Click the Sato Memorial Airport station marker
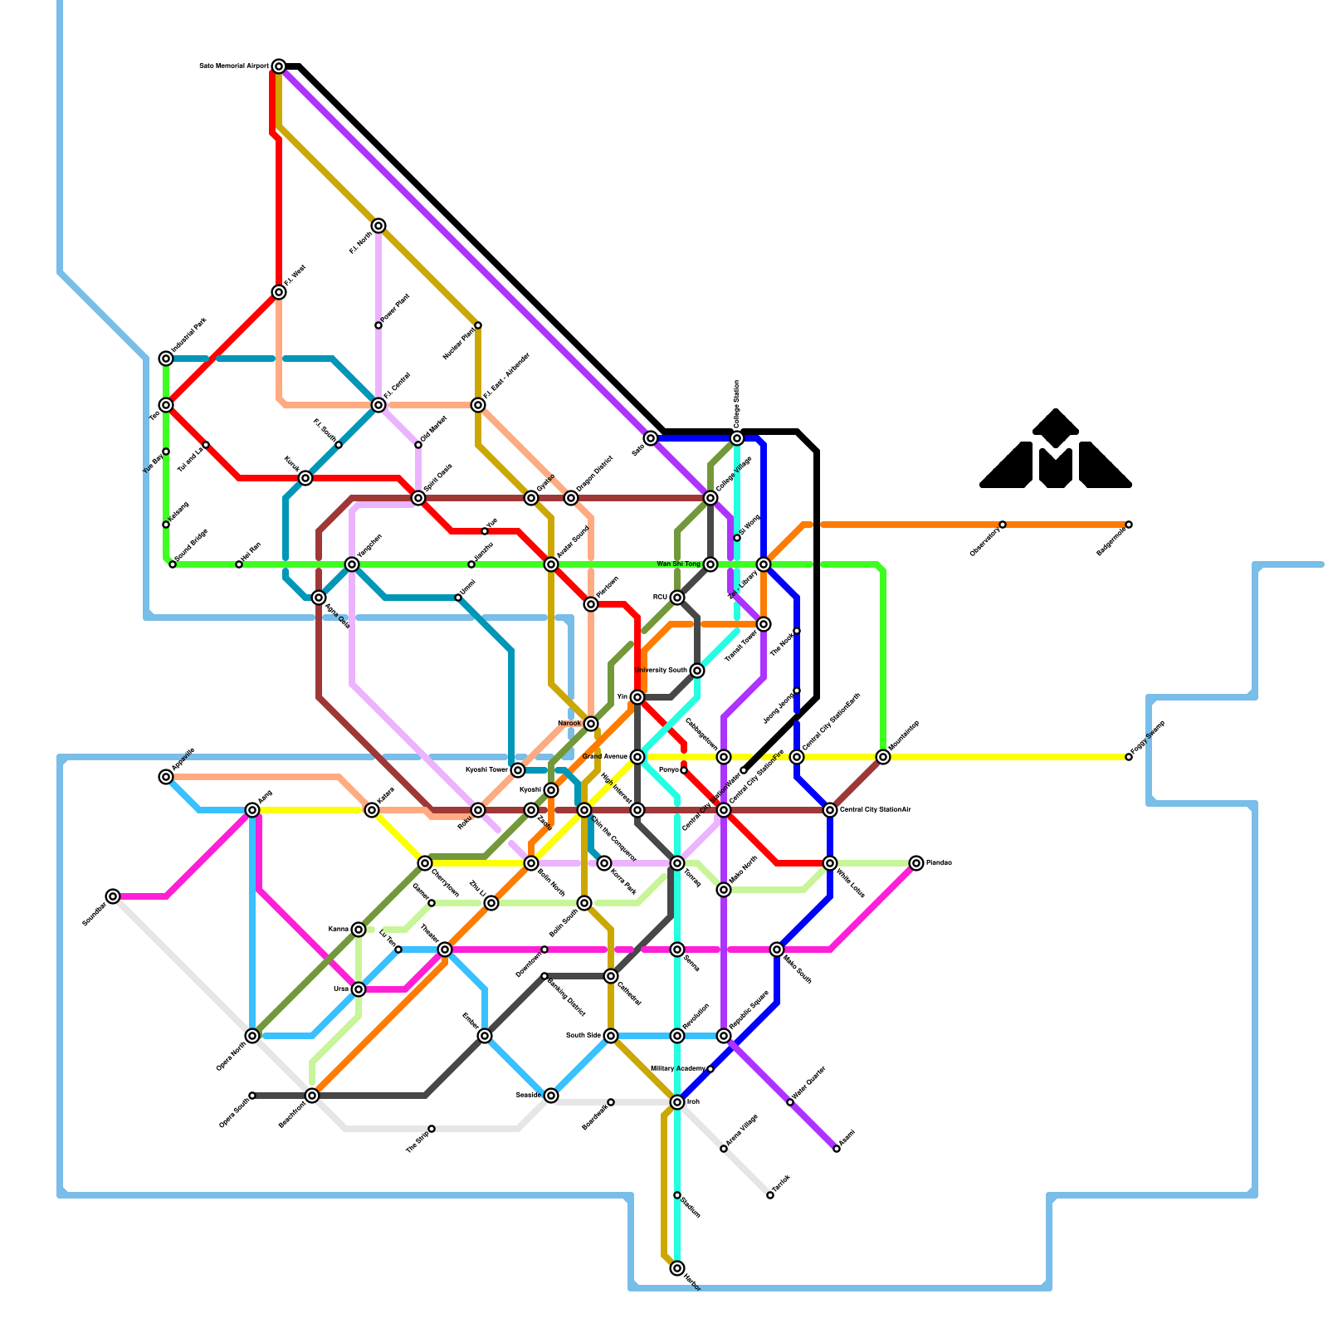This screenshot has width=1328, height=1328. click(x=279, y=66)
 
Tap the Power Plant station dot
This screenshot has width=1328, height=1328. click(x=378, y=325)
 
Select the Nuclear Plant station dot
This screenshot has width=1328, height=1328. click(x=478, y=325)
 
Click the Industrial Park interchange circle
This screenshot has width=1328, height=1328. click(x=166, y=358)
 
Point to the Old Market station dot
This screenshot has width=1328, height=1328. click(x=418, y=445)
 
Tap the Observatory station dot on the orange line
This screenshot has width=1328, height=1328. click(x=1003, y=525)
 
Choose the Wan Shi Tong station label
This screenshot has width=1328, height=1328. click(x=678, y=564)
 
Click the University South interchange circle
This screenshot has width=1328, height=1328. click(x=697, y=671)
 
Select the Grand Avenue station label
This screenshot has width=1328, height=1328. click(x=604, y=757)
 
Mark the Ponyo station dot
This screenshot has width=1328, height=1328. click(x=684, y=770)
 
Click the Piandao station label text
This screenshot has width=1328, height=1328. click(x=939, y=863)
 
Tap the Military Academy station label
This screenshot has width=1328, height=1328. click(x=677, y=1068)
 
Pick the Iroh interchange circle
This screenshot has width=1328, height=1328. click(x=677, y=1102)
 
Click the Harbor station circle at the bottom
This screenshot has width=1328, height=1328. click(x=677, y=1268)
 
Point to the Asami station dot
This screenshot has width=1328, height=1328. click(x=837, y=1149)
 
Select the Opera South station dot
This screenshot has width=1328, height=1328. click(x=252, y=1096)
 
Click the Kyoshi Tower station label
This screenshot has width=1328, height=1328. click(x=486, y=770)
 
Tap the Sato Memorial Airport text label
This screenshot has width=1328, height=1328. click(x=234, y=66)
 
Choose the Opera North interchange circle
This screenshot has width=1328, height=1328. click(x=252, y=1036)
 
